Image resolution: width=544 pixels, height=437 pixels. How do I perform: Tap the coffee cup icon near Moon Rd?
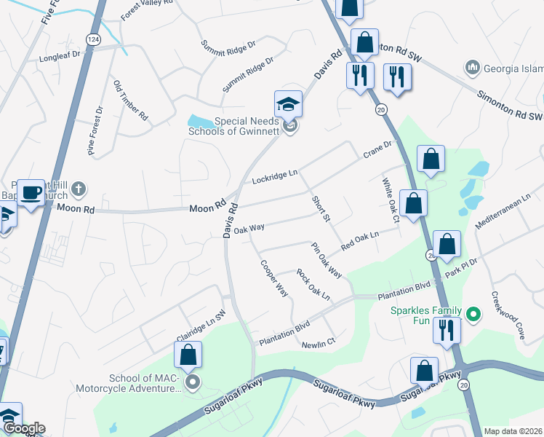(x=31, y=193)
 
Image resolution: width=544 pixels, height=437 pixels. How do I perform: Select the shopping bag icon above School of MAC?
(x=188, y=355)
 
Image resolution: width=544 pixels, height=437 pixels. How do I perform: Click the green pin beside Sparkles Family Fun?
(x=474, y=314)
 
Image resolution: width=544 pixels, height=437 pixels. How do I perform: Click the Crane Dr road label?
(x=377, y=150)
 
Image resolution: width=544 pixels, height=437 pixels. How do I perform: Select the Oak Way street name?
(x=249, y=229)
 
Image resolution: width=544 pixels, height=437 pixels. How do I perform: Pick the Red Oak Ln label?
(x=361, y=240)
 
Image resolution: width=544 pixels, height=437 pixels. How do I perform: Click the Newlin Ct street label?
(x=319, y=342)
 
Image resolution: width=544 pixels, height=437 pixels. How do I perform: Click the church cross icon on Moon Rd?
(x=79, y=189)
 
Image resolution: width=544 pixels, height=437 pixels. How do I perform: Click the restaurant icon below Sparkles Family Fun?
(x=447, y=330)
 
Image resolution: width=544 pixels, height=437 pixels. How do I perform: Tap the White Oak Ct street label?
(x=389, y=199)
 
